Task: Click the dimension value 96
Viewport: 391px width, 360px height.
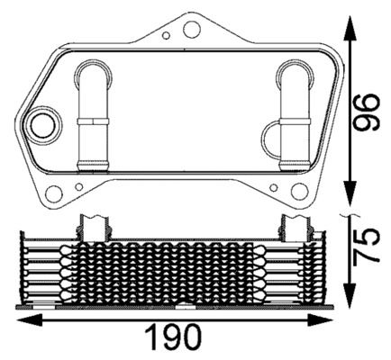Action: point(365,111)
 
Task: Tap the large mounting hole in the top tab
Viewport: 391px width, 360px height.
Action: point(190,30)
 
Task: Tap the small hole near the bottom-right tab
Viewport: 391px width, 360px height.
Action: point(271,186)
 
